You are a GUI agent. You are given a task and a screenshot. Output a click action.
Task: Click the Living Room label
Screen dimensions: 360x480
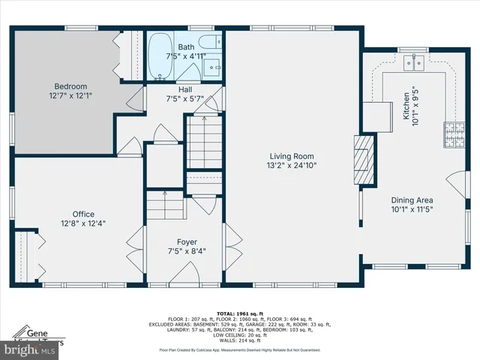pyautogui.click(x=291, y=156)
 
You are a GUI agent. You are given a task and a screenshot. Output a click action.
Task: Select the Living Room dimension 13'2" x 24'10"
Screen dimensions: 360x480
pyautogui.click(x=291, y=166)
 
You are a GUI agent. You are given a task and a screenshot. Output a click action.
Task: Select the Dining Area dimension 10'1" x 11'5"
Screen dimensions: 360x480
pyautogui.click(x=412, y=210)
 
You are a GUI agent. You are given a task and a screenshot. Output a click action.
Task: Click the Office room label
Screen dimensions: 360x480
pyautogui.click(x=83, y=214)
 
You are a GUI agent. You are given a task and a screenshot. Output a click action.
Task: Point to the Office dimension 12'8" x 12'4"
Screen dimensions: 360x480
pyautogui.click(x=83, y=223)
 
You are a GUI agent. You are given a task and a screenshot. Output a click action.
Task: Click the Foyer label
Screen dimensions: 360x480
pyautogui.click(x=187, y=242)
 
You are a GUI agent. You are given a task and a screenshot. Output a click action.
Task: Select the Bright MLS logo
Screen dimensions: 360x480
pyautogui.click(x=28, y=349)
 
